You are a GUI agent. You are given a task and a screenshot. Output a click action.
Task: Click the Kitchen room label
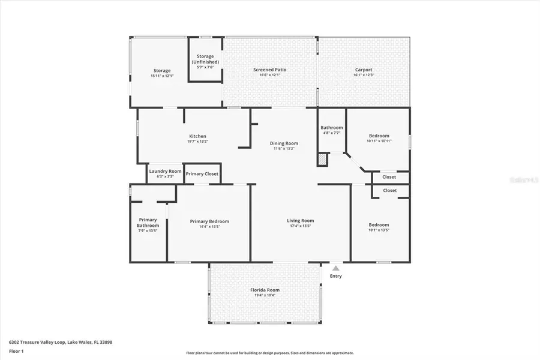coord(197,136)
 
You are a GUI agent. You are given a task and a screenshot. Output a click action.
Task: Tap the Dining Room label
coord(284,143)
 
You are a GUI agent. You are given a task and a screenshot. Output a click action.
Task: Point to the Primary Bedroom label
coord(209,221)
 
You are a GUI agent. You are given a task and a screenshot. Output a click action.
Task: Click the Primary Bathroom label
coord(148,223)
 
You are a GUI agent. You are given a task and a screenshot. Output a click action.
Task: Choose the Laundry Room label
coord(165,171)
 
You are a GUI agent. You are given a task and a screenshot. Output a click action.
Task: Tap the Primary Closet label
coord(202,174)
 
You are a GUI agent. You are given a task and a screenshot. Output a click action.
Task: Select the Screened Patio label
coord(269,70)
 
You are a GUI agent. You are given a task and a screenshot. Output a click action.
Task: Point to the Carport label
coord(364,70)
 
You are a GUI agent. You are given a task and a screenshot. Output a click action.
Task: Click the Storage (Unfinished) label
coord(205,59)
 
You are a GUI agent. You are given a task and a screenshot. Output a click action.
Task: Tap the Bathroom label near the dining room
coord(331,128)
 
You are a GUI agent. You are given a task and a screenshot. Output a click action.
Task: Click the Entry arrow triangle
coord(335,268)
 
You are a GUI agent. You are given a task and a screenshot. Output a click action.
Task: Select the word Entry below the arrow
coord(335,276)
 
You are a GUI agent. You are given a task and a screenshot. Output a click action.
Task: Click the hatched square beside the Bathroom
coord(323,160)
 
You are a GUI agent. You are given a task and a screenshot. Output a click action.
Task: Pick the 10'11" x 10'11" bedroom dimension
coord(379,141)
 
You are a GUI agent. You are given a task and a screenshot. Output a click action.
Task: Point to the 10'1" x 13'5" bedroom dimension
coord(379,230)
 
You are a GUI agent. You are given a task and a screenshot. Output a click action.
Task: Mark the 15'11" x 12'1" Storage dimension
coord(161,76)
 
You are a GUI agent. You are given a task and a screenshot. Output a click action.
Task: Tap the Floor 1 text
coord(17,353)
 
